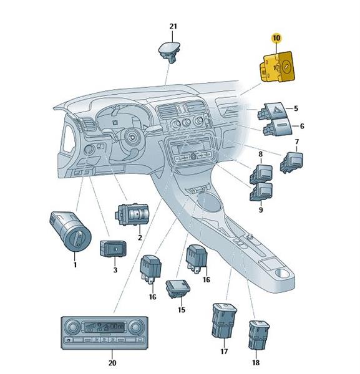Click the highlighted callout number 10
[x=276, y=37]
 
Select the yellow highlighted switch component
[x=277, y=67]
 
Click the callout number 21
[x=173, y=26]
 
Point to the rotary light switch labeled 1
[x=70, y=231]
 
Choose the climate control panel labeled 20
[x=105, y=333]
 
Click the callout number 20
[x=112, y=363]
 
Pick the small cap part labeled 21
[x=169, y=52]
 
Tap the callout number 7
[x=297, y=141]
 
